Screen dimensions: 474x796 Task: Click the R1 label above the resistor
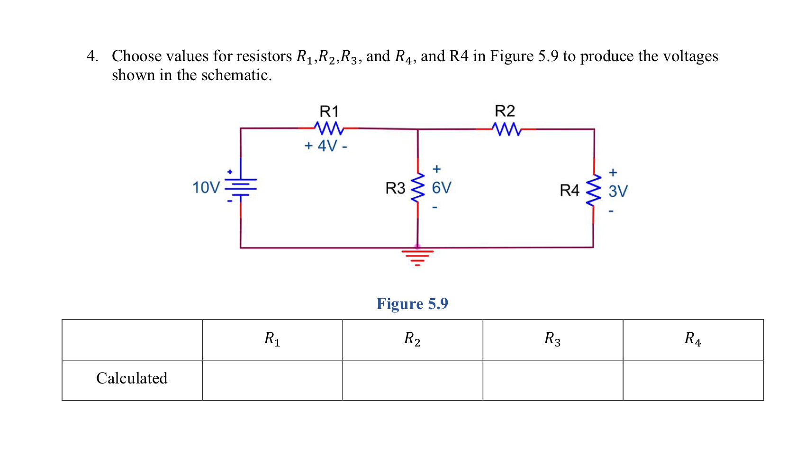pos(329,112)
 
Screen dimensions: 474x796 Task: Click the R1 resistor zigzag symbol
pos(328,128)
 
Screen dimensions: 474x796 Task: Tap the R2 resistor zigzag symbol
pos(506,129)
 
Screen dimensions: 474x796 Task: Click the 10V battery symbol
pos(241,187)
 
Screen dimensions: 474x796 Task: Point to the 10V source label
pos(206,188)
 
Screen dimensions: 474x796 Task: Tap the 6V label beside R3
pos(442,188)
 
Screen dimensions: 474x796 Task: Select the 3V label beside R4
pos(618,191)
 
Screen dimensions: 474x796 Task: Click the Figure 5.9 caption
pos(412,303)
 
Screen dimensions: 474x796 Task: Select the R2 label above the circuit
pos(505,111)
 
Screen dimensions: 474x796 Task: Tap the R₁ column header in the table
pos(272,339)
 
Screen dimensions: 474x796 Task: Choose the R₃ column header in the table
pos(552,339)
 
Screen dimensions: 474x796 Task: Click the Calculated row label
pos(132,378)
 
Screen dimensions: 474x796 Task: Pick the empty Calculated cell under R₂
pos(412,380)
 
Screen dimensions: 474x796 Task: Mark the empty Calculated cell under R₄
pos(693,380)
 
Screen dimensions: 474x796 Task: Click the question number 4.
pos(92,56)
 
